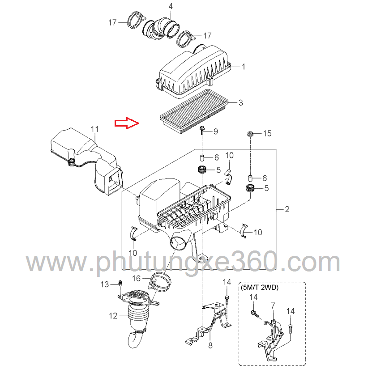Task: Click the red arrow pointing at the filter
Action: click(x=127, y=123)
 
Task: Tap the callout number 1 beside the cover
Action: click(x=244, y=67)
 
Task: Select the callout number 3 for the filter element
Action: click(x=241, y=102)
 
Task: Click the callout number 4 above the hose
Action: click(x=171, y=6)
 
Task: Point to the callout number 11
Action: click(x=95, y=129)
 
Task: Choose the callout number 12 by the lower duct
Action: click(x=113, y=316)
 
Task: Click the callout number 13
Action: click(x=105, y=284)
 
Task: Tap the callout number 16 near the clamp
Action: click(x=136, y=278)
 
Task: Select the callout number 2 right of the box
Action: click(x=287, y=209)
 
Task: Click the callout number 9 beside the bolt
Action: click(x=216, y=131)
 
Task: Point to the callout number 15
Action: click(x=267, y=133)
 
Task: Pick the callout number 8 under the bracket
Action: click(x=210, y=345)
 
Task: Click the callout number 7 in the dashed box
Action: click(x=273, y=305)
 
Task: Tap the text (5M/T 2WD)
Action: click(x=260, y=287)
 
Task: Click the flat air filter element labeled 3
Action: click(x=194, y=112)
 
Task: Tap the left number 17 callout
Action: click(x=112, y=22)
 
